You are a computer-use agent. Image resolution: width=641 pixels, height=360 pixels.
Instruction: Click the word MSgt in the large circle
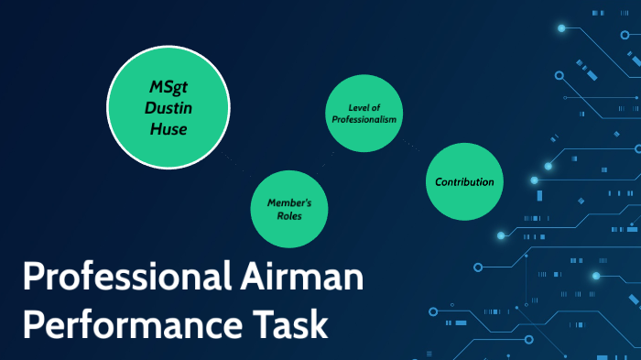click(168, 88)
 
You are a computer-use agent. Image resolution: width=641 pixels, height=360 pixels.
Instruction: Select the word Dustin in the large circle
click(168, 108)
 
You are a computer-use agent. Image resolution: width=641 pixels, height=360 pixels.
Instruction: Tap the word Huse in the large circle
click(168, 129)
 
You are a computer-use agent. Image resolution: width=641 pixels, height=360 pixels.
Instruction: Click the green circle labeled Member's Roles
click(289, 208)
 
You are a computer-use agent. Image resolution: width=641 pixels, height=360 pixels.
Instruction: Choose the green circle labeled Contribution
click(464, 181)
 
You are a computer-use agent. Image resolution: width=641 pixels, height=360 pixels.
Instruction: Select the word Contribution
click(464, 181)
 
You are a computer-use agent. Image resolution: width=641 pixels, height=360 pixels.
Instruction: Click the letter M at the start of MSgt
click(155, 88)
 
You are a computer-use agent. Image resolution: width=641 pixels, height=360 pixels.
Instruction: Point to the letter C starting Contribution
click(438, 181)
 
